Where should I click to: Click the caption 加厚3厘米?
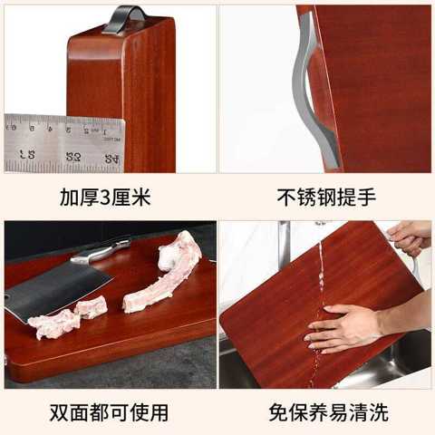tap(105, 198)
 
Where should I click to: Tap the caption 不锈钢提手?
tap(326, 198)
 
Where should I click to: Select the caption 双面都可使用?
tap(109, 412)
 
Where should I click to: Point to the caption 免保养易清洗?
tap(328, 412)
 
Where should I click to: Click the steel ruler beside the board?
tap(64, 143)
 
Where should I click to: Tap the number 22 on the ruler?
tap(73, 157)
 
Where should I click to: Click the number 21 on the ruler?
tap(27, 154)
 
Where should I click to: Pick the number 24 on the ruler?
tap(112, 159)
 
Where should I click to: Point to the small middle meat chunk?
tap(91, 306)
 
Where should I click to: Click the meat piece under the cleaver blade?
tap(54, 324)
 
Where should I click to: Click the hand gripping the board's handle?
tap(411, 238)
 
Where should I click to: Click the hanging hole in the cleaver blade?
tap(6, 296)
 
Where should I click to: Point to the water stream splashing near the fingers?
tap(315, 352)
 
